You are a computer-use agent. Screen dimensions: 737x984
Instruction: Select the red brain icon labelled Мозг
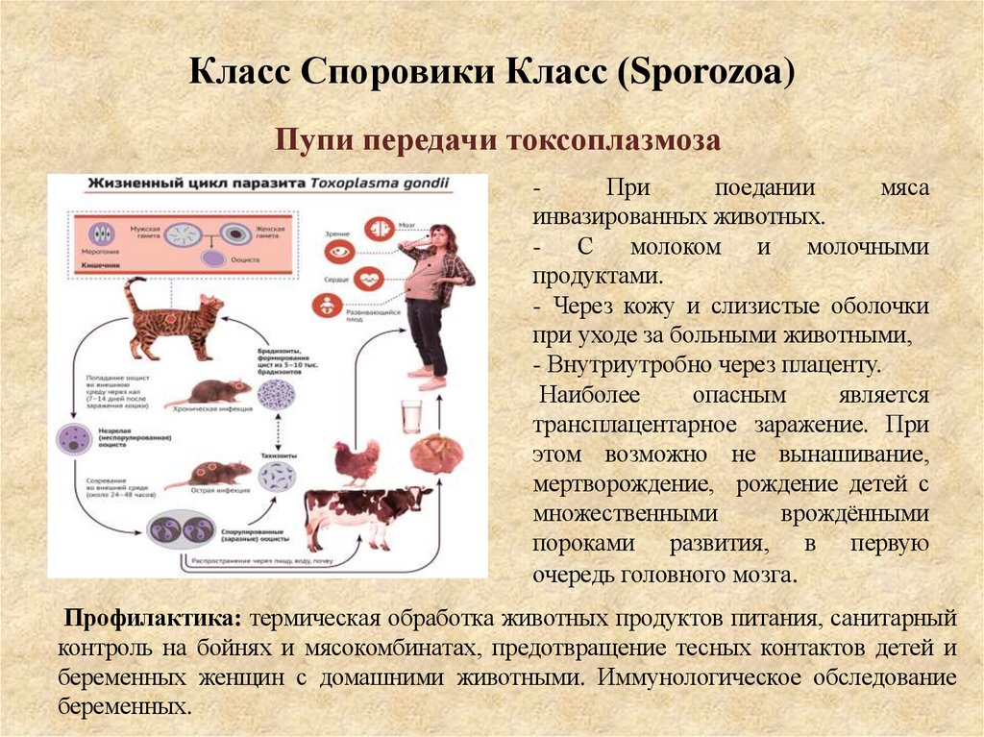[x=377, y=229]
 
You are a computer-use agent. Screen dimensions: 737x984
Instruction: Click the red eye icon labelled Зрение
[x=337, y=254]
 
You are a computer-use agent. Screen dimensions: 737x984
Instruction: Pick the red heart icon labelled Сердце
[x=369, y=280]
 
